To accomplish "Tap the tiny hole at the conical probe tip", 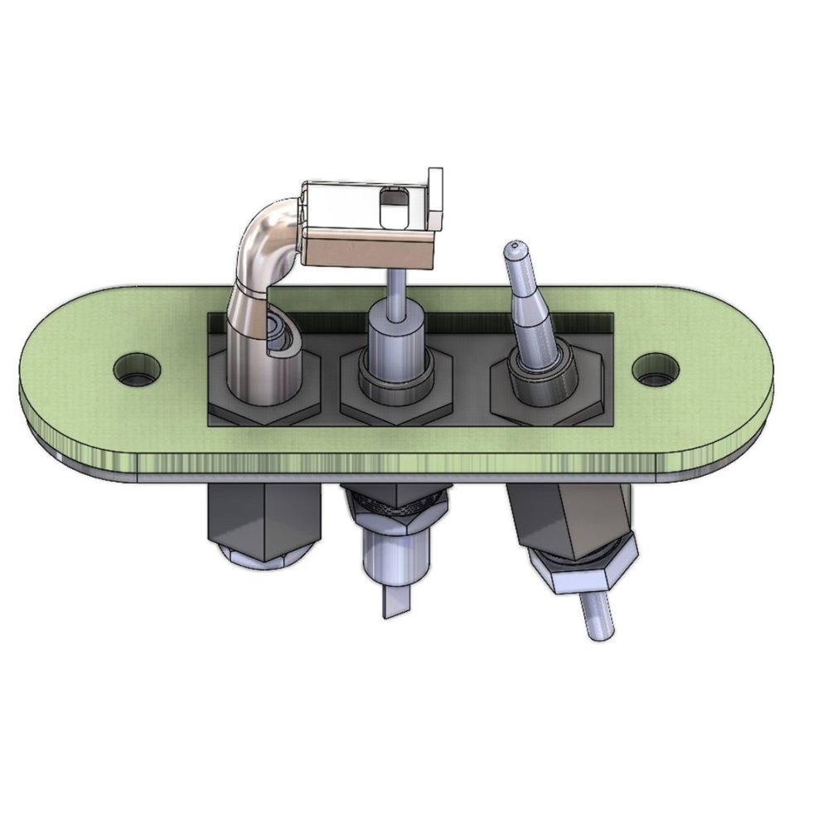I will [516, 245].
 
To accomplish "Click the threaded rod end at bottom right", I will [598, 618].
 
